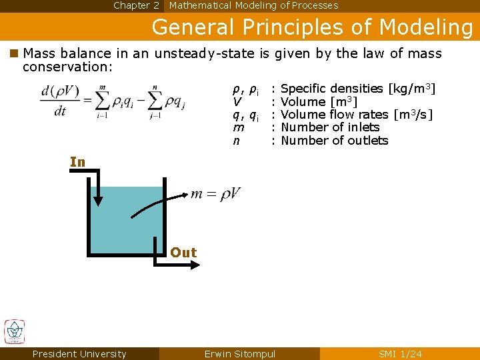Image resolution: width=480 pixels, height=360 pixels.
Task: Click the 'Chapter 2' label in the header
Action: pos(136,5)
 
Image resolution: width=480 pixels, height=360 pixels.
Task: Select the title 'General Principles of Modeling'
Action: pos(312,27)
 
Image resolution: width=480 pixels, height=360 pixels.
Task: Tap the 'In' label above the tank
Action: pos(78,162)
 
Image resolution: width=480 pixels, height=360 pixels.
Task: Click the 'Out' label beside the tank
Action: pos(183,253)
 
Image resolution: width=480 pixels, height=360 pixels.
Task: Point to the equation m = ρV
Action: pos(215,193)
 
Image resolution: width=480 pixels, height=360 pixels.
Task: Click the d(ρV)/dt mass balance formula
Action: pos(114,101)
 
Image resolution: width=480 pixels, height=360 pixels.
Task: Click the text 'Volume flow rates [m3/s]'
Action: pos(357,115)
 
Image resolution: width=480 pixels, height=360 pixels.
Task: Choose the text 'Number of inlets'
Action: pos(330,127)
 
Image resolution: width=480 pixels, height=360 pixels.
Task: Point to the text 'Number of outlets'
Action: pos(334,141)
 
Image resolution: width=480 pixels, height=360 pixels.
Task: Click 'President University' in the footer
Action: pos(79,354)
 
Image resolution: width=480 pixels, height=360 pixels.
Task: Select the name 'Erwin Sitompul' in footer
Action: pos(239,354)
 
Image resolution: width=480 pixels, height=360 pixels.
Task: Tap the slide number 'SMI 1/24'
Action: pos(400,354)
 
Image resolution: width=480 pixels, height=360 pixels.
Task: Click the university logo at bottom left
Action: pos(15,331)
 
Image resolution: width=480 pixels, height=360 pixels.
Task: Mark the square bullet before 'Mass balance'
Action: pos(13,54)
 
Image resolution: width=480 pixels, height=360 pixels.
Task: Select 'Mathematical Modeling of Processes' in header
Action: pos(253,5)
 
